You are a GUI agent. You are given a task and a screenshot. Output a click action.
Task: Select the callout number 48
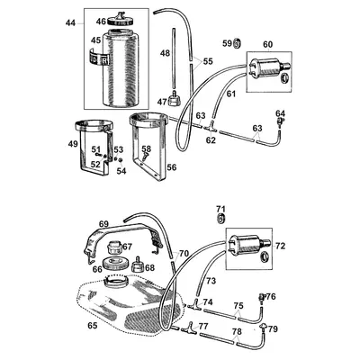[165, 54]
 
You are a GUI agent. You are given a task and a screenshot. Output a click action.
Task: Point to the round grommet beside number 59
[238, 43]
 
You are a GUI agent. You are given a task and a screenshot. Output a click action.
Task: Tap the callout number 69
[103, 223]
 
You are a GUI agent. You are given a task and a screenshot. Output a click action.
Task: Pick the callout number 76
[271, 297]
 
